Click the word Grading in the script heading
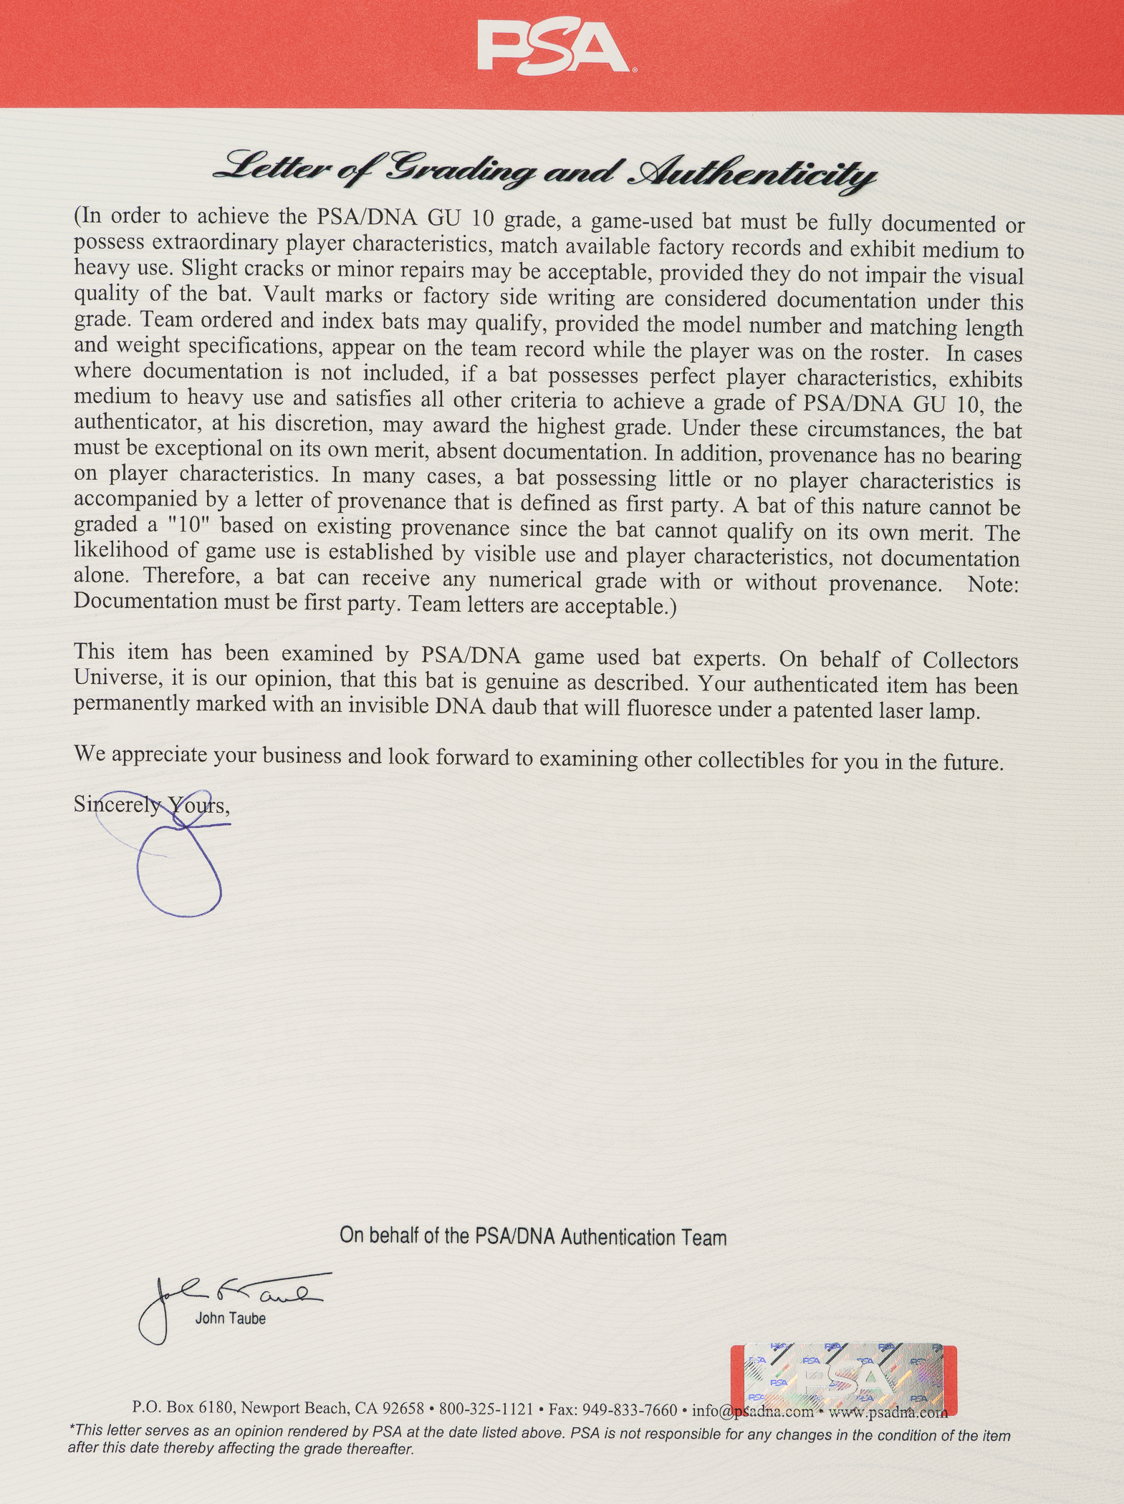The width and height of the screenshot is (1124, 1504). pos(461,169)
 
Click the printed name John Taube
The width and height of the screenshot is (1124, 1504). pos(230,1319)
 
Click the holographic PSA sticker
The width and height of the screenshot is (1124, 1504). pos(843,1379)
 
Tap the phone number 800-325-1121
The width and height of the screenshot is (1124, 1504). pos(486,1409)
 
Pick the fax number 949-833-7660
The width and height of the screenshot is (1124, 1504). pos(629,1409)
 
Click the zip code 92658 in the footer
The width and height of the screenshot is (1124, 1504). pos(403,1408)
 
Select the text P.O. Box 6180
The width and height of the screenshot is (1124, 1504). pos(182,1407)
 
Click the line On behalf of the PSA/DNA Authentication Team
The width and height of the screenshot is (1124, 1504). pos(533,1237)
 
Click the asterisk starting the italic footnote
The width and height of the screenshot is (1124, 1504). pos(72,1430)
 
